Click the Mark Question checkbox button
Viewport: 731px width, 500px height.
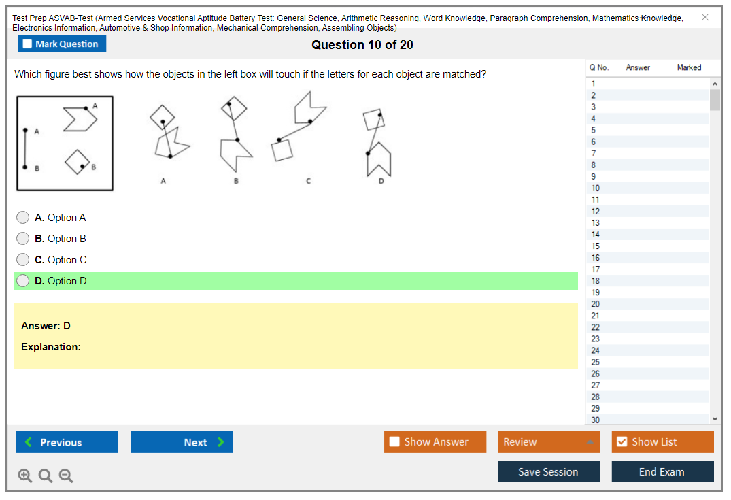[61, 44]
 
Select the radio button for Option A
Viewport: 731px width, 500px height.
[23, 218]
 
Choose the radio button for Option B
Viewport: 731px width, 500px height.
[23, 238]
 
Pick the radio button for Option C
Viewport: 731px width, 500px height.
[23, 259]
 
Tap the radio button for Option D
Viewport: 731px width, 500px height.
[23, 280]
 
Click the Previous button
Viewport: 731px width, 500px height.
[67, 442]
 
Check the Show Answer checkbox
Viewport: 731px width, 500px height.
[394, 441]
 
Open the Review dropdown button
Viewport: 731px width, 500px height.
[549, 442]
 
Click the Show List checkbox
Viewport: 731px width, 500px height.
[622, 441]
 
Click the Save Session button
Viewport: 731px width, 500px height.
[549, 471]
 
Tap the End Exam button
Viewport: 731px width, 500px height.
[662, 471]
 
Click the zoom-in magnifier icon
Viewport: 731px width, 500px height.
[24, 476]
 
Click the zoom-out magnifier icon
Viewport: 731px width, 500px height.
[66, 476]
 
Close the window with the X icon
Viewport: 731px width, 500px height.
[705, 17]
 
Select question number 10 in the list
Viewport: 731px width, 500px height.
[595, 188]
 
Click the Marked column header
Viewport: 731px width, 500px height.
[689, 67]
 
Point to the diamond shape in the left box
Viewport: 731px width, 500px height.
[78, 162]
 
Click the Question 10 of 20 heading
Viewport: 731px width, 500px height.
[362, 45]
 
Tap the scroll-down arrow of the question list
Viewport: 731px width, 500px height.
[715, 419]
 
